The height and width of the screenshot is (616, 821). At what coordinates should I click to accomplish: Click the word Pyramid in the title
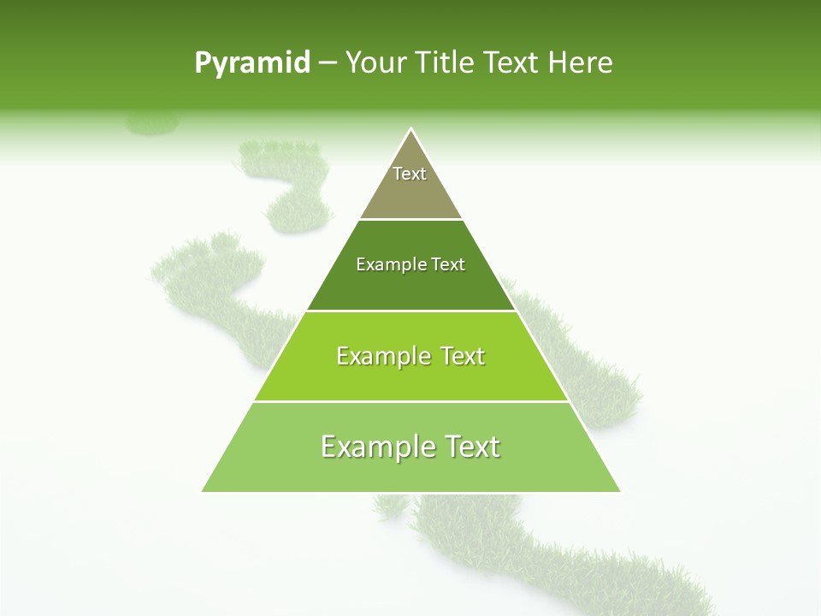[x=252, y=63]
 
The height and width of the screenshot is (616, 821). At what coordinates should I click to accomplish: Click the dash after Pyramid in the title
[x=327, y=63]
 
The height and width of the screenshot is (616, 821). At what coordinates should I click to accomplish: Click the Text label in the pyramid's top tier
[x=410, y=174]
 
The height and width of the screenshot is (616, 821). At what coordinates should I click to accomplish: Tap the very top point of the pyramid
[x=411, y=129]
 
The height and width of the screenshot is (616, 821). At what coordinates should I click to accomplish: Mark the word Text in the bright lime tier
[x=463, y=356]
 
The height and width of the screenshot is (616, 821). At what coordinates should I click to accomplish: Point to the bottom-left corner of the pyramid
[x=203, y=491]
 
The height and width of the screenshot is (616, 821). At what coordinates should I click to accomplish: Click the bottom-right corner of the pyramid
[x=619, y=491]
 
